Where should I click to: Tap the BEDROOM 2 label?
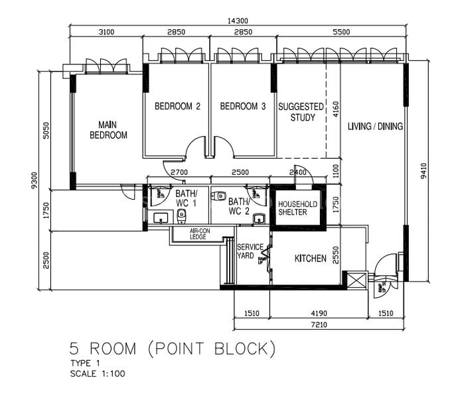[x=177, y=106]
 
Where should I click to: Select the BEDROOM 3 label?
[x=243, y=106]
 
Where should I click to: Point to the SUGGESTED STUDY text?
[x=301, y=112]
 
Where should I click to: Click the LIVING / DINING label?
[x=375, y=126]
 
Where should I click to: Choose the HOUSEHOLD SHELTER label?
[x=297, y=208]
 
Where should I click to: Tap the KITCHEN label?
[x=310, y=258]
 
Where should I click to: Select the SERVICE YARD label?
[x=250, y=251]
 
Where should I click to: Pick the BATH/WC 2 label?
[x=238, y=206]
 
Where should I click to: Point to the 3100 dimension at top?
[x=106, y=32]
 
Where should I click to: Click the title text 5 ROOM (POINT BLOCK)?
[x=172, y=348]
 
